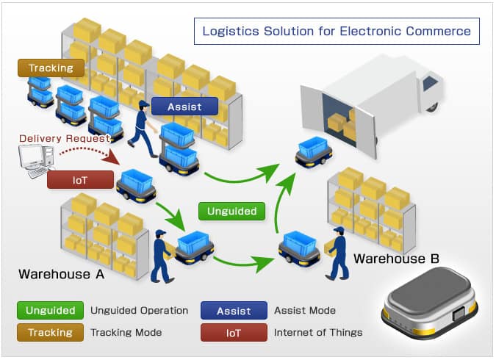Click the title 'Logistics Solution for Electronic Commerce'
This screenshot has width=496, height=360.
pos(337,31)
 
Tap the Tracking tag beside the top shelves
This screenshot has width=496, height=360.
pos(51,68)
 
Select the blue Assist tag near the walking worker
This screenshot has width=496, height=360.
pos(184,107)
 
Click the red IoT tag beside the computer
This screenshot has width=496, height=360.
pos(80,180)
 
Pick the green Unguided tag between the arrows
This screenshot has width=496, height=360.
pos(232,211)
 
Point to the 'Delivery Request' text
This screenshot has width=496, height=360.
pos(65,138)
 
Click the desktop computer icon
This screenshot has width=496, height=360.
pos(36,161)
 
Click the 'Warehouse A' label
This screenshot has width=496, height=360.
pos(62,274)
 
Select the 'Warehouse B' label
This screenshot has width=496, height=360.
pos(396,259)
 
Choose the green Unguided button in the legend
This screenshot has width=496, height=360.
pos(50,310)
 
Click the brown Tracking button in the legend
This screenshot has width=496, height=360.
pos(50,333)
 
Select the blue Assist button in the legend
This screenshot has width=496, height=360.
pos(234,311)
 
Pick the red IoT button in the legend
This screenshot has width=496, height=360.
pos(234,333)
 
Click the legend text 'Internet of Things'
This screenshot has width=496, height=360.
pos(318,333)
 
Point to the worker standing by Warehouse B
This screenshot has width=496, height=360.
pos(337,253)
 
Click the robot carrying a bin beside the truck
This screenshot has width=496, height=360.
pos(314,153)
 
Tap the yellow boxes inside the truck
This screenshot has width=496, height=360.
pos(342,123)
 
